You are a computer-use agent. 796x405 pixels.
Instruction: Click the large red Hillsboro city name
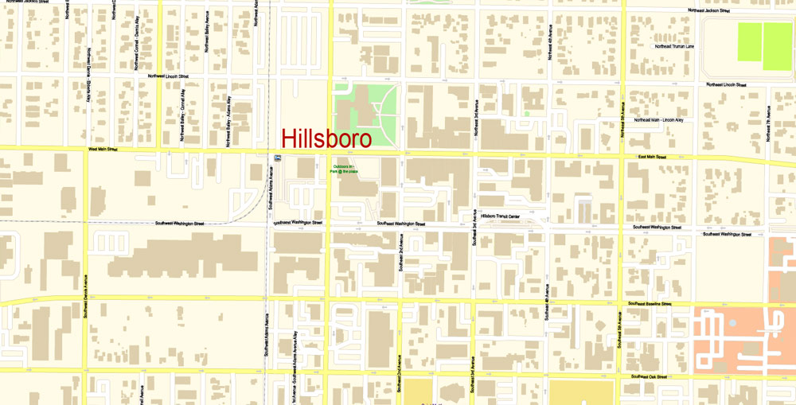point(326,139)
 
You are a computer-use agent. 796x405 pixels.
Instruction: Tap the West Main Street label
point(103,149)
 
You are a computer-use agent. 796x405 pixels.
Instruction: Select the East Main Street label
point(652,158)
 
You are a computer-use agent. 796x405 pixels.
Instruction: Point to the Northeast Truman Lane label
point(674,46)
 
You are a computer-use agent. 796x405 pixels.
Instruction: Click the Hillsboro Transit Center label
point(500,216)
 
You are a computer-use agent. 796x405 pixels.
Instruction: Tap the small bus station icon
point(276,158)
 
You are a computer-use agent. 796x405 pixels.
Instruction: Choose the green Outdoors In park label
point(345,169)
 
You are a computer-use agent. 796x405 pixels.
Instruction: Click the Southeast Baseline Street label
point(651,303)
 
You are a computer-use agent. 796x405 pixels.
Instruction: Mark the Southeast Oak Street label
point(649,376)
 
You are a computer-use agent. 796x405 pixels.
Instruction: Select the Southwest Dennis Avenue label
point(85,292)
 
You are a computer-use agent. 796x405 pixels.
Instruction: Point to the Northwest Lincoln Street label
point(168,76)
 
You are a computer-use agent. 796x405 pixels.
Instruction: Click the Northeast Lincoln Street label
point(726,84)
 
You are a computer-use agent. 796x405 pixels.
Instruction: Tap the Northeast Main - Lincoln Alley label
point(658,120)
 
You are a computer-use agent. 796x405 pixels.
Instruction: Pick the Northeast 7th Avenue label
point(768,125)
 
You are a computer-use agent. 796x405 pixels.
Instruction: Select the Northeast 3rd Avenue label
point(476,118)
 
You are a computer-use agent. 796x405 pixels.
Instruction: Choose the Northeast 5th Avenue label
point(622,119)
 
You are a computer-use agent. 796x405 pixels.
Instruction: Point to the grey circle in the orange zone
point(732,324)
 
